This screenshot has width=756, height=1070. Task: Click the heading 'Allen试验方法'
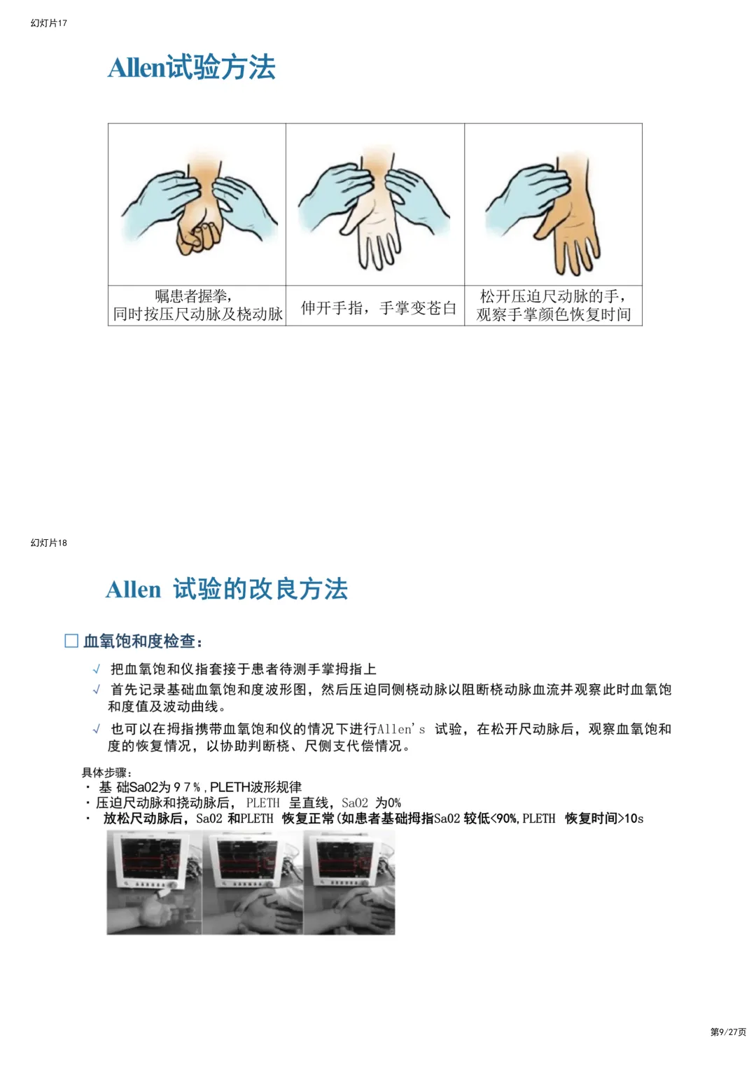point(192,67)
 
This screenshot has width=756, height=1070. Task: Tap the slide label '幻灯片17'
point(49,23)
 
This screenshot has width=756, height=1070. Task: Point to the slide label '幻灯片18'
point(49,543)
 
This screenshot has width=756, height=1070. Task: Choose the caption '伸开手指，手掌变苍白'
point(379,307)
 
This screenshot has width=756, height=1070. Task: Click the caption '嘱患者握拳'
point(191,296)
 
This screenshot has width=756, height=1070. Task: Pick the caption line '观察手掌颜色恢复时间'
point(553,315)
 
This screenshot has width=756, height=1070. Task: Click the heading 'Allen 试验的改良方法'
point(226,589)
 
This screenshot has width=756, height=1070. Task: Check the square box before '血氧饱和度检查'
point(71,641)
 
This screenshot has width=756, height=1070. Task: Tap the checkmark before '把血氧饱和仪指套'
point(97,669)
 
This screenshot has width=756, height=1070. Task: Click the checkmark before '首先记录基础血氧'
point(97,689)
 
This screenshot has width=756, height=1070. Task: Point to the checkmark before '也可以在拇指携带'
point(97,729)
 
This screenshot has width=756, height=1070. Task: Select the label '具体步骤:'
point(106,772)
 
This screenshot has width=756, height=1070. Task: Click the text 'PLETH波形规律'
point(255,786)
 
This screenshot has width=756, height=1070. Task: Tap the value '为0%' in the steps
point(388,802)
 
